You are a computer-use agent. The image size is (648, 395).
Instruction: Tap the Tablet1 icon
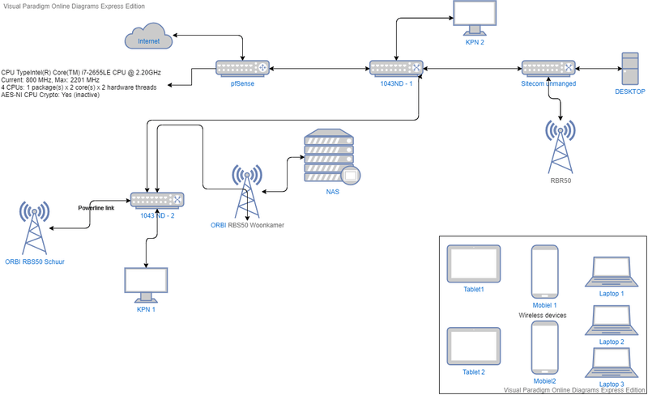[x=473, y=265]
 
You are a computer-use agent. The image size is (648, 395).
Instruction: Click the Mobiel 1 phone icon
[x=543, y=271]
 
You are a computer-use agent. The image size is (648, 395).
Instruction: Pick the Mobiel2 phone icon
[x=543, y=347]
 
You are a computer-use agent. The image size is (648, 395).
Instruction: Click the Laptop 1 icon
[x=612, y=271]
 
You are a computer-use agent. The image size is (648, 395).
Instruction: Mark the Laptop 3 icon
[x=612, y=361]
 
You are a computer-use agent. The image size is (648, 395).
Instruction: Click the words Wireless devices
[x=543, y=315]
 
